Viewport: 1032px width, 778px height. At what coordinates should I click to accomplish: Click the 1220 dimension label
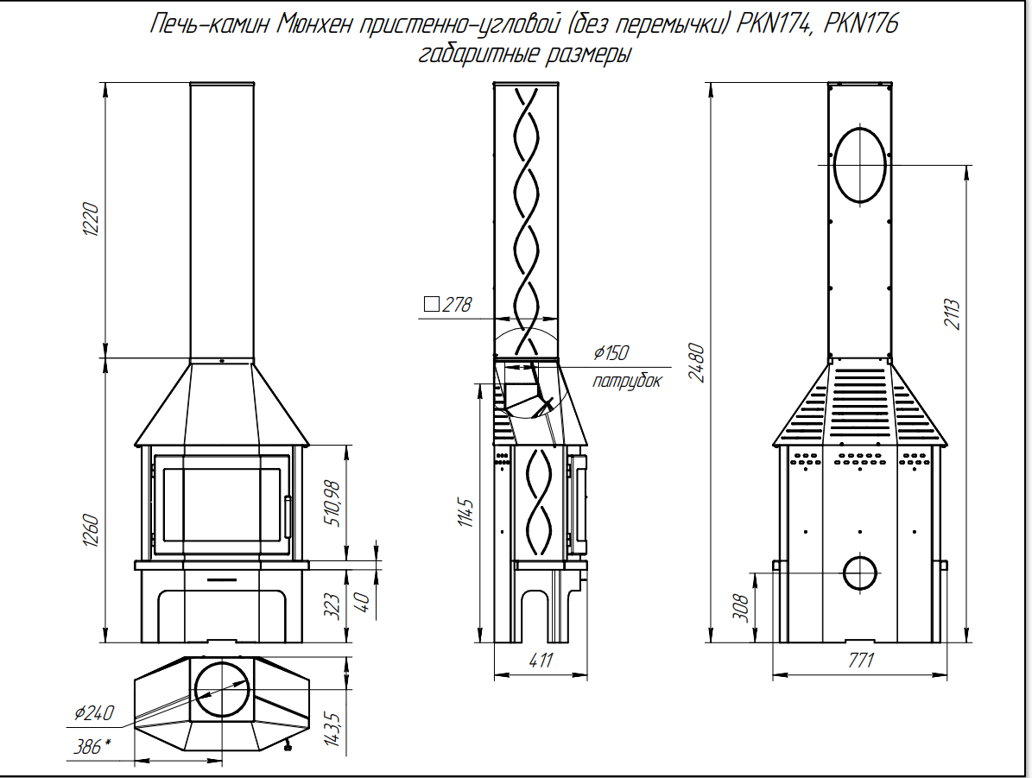point(90,220)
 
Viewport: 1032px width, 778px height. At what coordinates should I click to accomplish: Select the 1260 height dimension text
point(90,530)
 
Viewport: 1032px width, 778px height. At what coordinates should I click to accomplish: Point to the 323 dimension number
point(332,606)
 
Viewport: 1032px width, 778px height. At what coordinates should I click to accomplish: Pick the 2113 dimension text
point(953,314)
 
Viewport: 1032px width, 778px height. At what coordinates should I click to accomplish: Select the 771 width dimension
point(861,660)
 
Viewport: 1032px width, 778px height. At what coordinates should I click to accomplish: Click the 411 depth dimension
point(541,660)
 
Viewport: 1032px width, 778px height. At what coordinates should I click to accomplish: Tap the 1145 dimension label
point(465,513)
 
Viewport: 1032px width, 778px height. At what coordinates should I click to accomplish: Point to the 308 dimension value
point(740,608)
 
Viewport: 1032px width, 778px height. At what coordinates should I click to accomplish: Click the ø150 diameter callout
point(611,353)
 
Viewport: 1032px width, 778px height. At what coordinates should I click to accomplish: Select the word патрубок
point(627,381)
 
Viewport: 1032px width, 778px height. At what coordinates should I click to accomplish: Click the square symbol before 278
point(431,304)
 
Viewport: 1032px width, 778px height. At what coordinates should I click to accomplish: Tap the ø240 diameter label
point(94,713)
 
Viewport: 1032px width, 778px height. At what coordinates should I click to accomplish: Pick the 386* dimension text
point(92,746)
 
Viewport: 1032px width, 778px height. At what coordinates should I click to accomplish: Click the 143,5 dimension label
point(332,729)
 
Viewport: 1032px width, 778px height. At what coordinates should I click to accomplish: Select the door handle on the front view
point(288,517)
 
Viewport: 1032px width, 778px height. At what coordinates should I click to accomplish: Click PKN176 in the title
point(861,23)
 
